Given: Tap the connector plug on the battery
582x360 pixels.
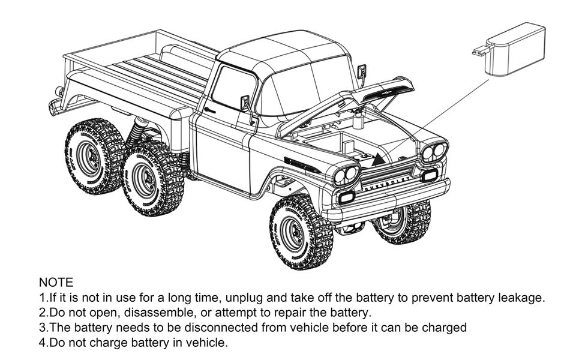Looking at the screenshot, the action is point(479,52).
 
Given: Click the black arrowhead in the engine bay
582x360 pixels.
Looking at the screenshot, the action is point(379,159).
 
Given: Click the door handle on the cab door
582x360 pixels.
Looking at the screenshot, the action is point(209,110).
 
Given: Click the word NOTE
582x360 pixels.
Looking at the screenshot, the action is point(56,282).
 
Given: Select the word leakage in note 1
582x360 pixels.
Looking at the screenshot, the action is point(523,298).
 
